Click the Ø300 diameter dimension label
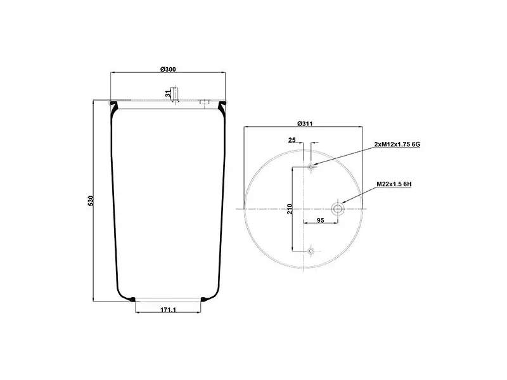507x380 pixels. coord(168,69)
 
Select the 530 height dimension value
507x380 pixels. coord(91,201)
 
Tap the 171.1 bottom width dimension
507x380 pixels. coord(168,310)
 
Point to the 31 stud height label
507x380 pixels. coord(167,94)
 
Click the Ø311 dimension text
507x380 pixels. coord(305,123)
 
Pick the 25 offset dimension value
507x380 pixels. coord(292,140)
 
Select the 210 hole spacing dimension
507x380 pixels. coord(290,209)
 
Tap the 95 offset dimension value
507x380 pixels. coord(320,220)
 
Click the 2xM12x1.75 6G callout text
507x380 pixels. coord(397,144)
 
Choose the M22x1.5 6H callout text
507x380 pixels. coord(394,184)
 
